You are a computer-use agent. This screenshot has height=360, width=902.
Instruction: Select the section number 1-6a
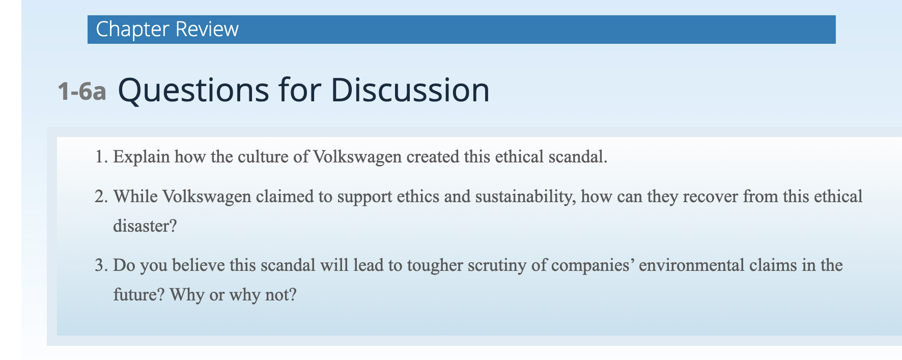pos(82,92)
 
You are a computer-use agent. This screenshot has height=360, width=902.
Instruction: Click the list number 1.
pos(101,157)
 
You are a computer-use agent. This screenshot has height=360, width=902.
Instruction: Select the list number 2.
pos(101,197)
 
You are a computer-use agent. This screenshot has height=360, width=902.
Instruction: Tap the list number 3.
pos(101,265)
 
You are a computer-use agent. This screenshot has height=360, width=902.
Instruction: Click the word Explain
pos(142,157)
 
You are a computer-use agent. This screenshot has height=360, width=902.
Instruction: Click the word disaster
pos(145,226)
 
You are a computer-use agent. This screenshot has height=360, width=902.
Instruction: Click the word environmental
pos(691,265)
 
